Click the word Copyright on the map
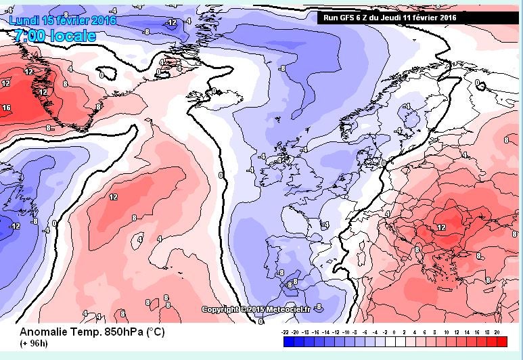221,309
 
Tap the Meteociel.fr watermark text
287,309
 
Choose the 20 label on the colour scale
497,334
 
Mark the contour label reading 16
6,108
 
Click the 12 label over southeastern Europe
442,227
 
